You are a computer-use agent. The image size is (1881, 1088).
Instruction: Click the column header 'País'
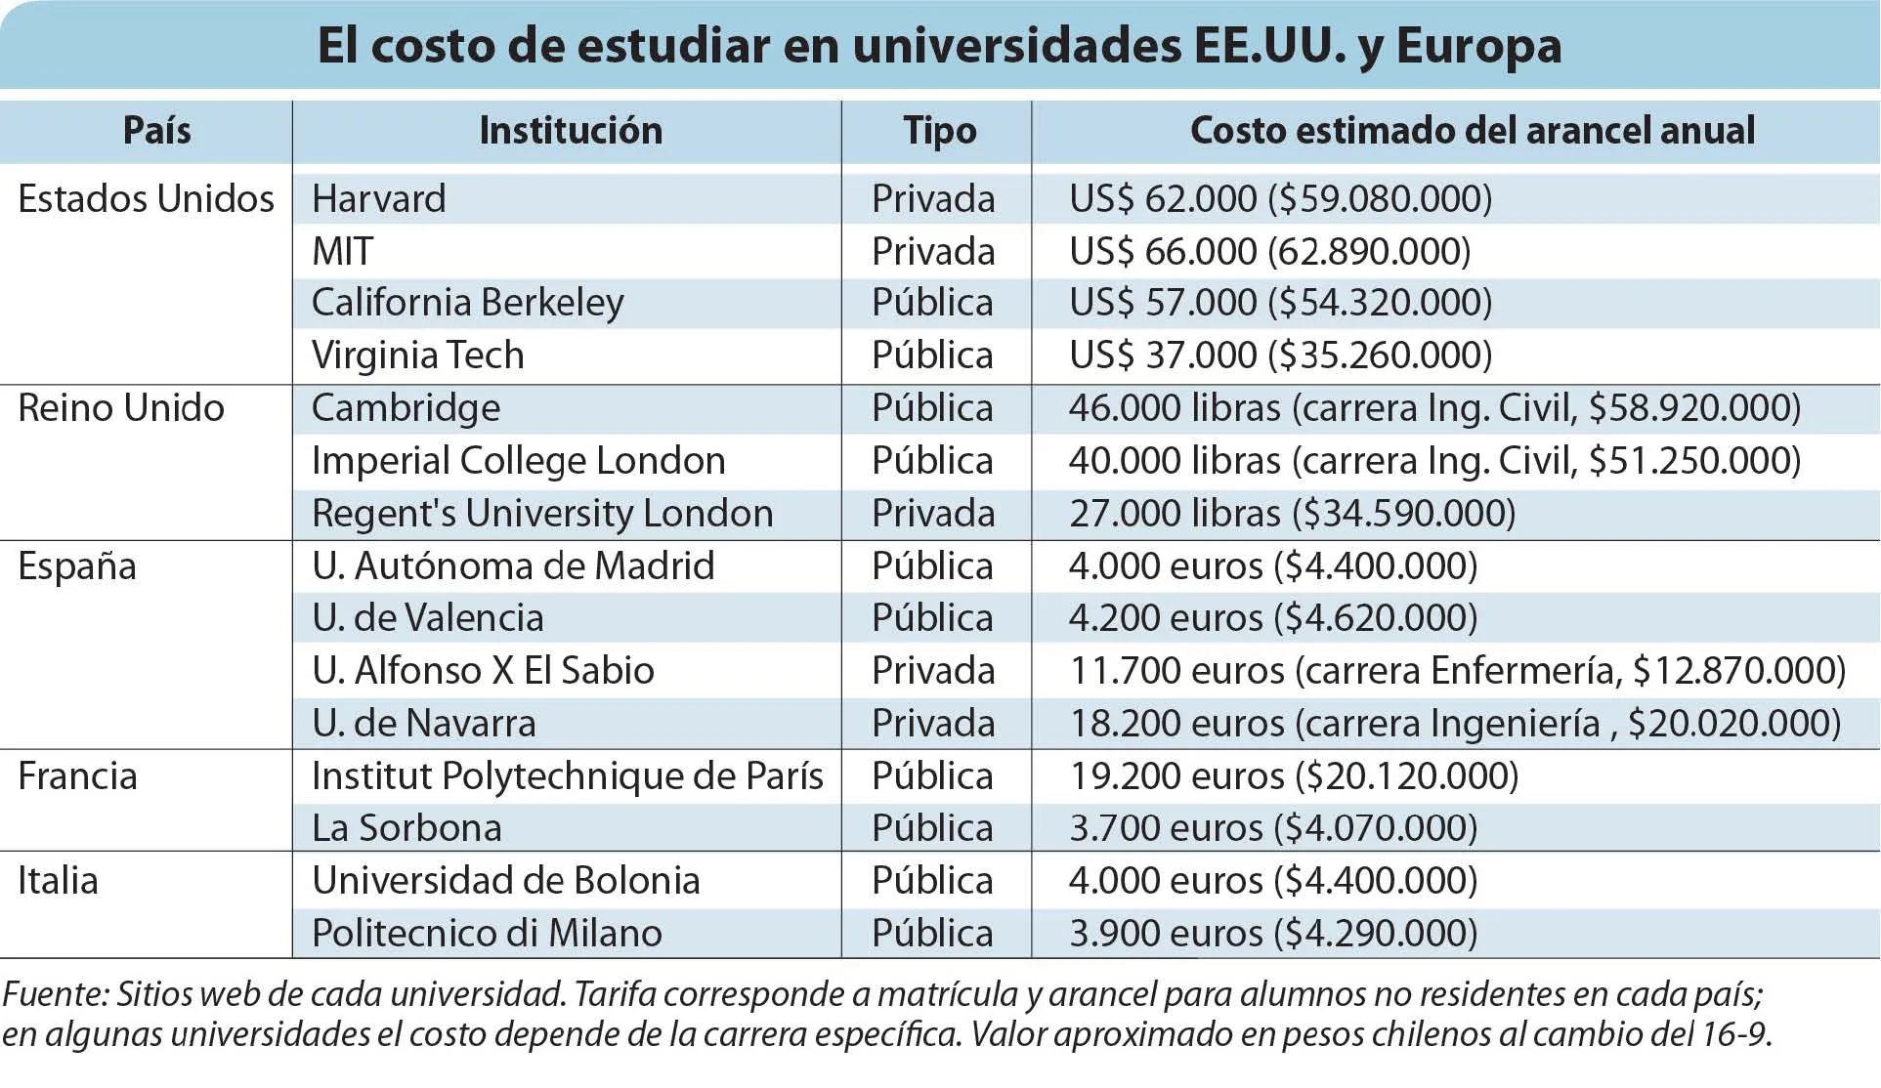(x=156, y=131)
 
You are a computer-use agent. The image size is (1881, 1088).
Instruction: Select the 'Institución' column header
(x=571, y=131)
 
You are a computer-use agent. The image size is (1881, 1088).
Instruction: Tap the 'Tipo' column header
(x=939, y=132)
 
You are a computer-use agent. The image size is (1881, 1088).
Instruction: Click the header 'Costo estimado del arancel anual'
(x=1473, y=131)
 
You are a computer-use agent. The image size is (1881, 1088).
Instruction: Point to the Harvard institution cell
(x=379, y=199)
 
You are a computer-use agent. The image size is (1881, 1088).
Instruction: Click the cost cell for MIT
(x=1270, y=252)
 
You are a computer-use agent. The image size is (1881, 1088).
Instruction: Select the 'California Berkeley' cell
(x=468, y=304)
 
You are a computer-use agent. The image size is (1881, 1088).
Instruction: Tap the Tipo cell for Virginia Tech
(x=932, y=356)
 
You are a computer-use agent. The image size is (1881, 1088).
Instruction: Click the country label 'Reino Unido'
(x=121, y=408)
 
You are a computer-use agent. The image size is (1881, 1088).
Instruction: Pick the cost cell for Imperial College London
(x=1434, y=461)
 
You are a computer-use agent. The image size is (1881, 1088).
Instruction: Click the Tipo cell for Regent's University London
(x=933, y=514)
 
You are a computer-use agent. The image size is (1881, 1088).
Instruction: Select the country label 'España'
(x=77, y=567)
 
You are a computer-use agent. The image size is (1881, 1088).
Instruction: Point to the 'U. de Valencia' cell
(x=428, y=618)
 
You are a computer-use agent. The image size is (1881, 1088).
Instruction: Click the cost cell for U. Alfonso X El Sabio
(x=1458, y=671)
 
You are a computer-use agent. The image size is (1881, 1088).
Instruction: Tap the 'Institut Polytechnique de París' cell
(x=568, y=777)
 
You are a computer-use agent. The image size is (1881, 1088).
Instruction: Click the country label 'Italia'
(x=58, y=881)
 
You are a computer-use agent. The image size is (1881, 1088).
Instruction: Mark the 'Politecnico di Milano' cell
(x=487, y=934)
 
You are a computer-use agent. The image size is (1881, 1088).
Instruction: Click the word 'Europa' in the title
(x=1478, y=47)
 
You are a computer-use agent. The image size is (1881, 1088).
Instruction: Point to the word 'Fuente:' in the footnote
(x=55, y=994)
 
